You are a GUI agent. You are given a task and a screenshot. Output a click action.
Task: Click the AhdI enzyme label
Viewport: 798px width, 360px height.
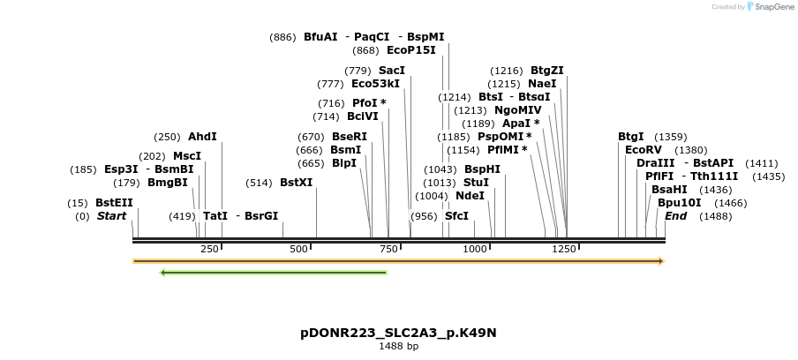coord(202,137)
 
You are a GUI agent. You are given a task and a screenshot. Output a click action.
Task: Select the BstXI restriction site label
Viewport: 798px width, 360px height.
coord(296,183)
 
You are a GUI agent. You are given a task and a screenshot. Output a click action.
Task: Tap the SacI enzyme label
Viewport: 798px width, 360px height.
coord(392,71)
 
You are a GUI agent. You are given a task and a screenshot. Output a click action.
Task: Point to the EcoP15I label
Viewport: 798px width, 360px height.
coord(411,50)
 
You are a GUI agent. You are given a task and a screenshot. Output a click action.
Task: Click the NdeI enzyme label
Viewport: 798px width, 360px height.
coord(470,196)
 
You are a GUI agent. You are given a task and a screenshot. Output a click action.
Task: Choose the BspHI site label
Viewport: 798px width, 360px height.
coord(482,169)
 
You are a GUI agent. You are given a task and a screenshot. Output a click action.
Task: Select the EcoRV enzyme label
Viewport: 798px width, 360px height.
coord(643,150)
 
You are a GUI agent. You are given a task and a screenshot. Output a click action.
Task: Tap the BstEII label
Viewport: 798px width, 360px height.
coord(114,203)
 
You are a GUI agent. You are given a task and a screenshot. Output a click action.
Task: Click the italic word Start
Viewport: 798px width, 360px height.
coord(112,216)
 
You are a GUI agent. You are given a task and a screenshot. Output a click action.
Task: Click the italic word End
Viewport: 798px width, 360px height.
coord(675,216)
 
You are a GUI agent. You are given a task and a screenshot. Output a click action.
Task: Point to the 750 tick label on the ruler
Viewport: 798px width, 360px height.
coord(389,250)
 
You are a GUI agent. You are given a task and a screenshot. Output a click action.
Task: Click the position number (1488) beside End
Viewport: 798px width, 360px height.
coord(715,216)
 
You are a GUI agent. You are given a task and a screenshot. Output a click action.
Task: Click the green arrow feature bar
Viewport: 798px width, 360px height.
coord(274,272)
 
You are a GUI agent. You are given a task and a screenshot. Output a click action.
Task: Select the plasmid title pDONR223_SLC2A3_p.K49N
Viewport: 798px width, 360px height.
coord(398,333)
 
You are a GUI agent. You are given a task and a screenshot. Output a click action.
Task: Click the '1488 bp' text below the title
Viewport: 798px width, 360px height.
coord(398,347)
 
